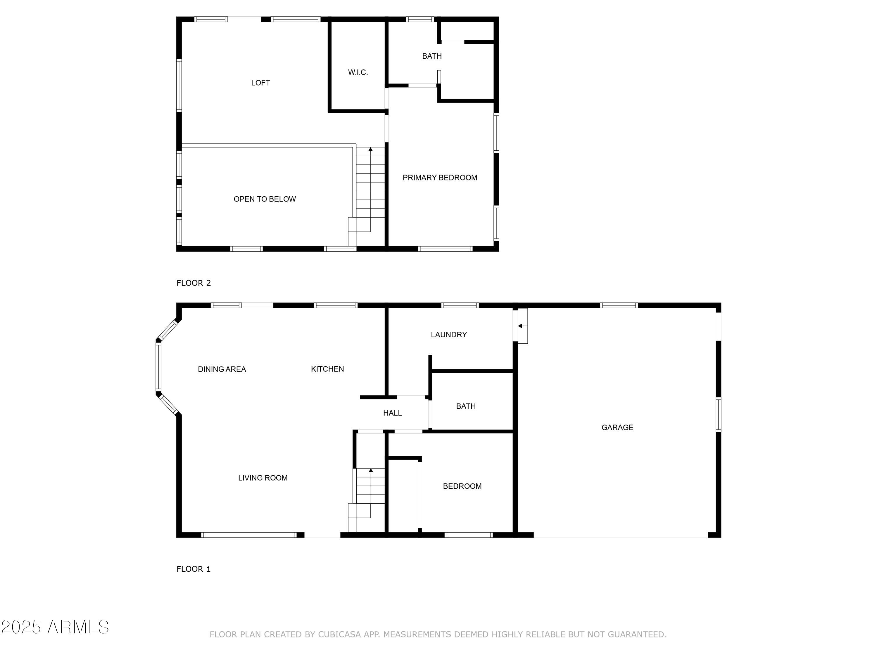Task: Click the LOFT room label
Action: pyautogui.click(x=260, y=83)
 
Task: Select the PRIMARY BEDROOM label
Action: pyautogui.click(x=440, y=178)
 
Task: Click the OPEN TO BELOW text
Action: pyautogui.click(x=265, y=199)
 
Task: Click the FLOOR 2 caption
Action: pyautogui.click(x=194, y=283)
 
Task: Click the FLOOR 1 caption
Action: pyautogui.click(x=194, y=569)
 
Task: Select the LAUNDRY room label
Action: pyautogui.click(x=448, y=335)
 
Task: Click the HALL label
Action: pyautogui.click(x=392, y=413)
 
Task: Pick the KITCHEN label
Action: pyautogui.click(x=327, y=369)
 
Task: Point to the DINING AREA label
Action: pyautogui.click(x=222, y=369)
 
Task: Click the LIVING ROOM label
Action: pyautogui.click(x=263, y=478)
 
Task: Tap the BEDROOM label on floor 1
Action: pyautogui.click(x=462, y=486)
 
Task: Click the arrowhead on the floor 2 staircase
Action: pyautogui.click(x=370, y=149)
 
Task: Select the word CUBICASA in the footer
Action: pyautogui.click(x=339, y=635)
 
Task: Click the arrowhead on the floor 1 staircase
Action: pyautogui.click(x=371, y=470)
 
